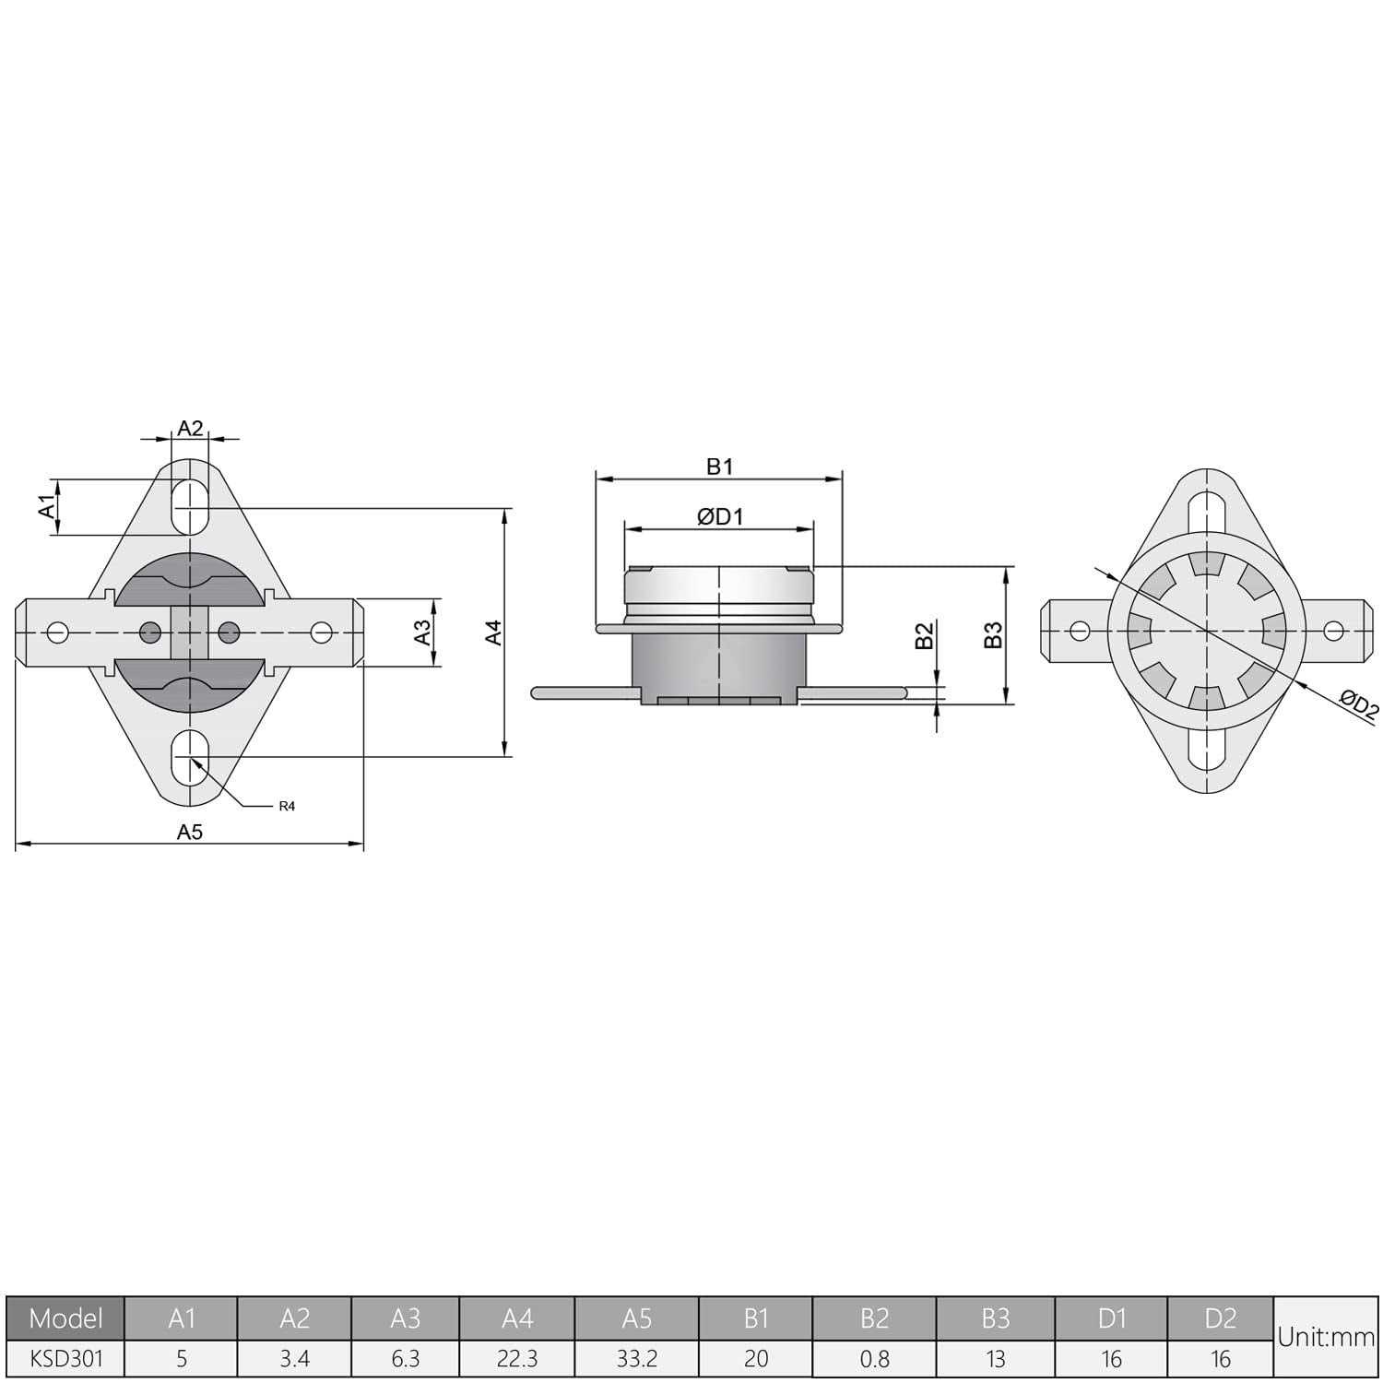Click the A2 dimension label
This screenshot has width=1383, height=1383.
pyautogui.click(x=190, y=428)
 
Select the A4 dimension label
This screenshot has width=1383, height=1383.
pyautogui.click(x=494, y=632)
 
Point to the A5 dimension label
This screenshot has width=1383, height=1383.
pyautogui.click(x=190, y=832)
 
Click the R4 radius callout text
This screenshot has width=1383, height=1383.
pyautogui.click(x=287, y=807)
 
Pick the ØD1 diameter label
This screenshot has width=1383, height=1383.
pyautogui.click(x=720, y=517)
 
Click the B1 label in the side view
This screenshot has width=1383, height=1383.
pyautogui.click(x=719, y=467)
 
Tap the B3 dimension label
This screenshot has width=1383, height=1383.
pyautogui.click(x=993, y=635)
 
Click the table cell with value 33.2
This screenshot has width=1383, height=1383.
pyautogui.click(x=637, y=1359)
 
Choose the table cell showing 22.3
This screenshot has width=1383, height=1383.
pyautogui.click(x=517, y=1359)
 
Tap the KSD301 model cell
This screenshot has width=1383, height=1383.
pyautogui.click(x=65, y=1359)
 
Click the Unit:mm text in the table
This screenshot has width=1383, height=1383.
pyautogui.click(x=1325, y=1338)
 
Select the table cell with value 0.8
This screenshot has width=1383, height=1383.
pyautogui.click(x=874, y=1359)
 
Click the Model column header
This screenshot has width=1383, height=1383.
pyautogui.click(x=65, y=1318)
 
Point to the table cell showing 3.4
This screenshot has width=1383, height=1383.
pyautogui.click(x=294, y=1359)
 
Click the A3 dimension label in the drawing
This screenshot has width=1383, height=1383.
pyautogui.click(x=422, y=632)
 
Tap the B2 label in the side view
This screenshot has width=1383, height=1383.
pyautogui.click(x=925, y=636)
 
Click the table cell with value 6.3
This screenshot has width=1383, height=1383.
pyautogui.click(x=405, y=1359)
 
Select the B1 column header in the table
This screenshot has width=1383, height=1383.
pyautogui.click(x=756, y=1318)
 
